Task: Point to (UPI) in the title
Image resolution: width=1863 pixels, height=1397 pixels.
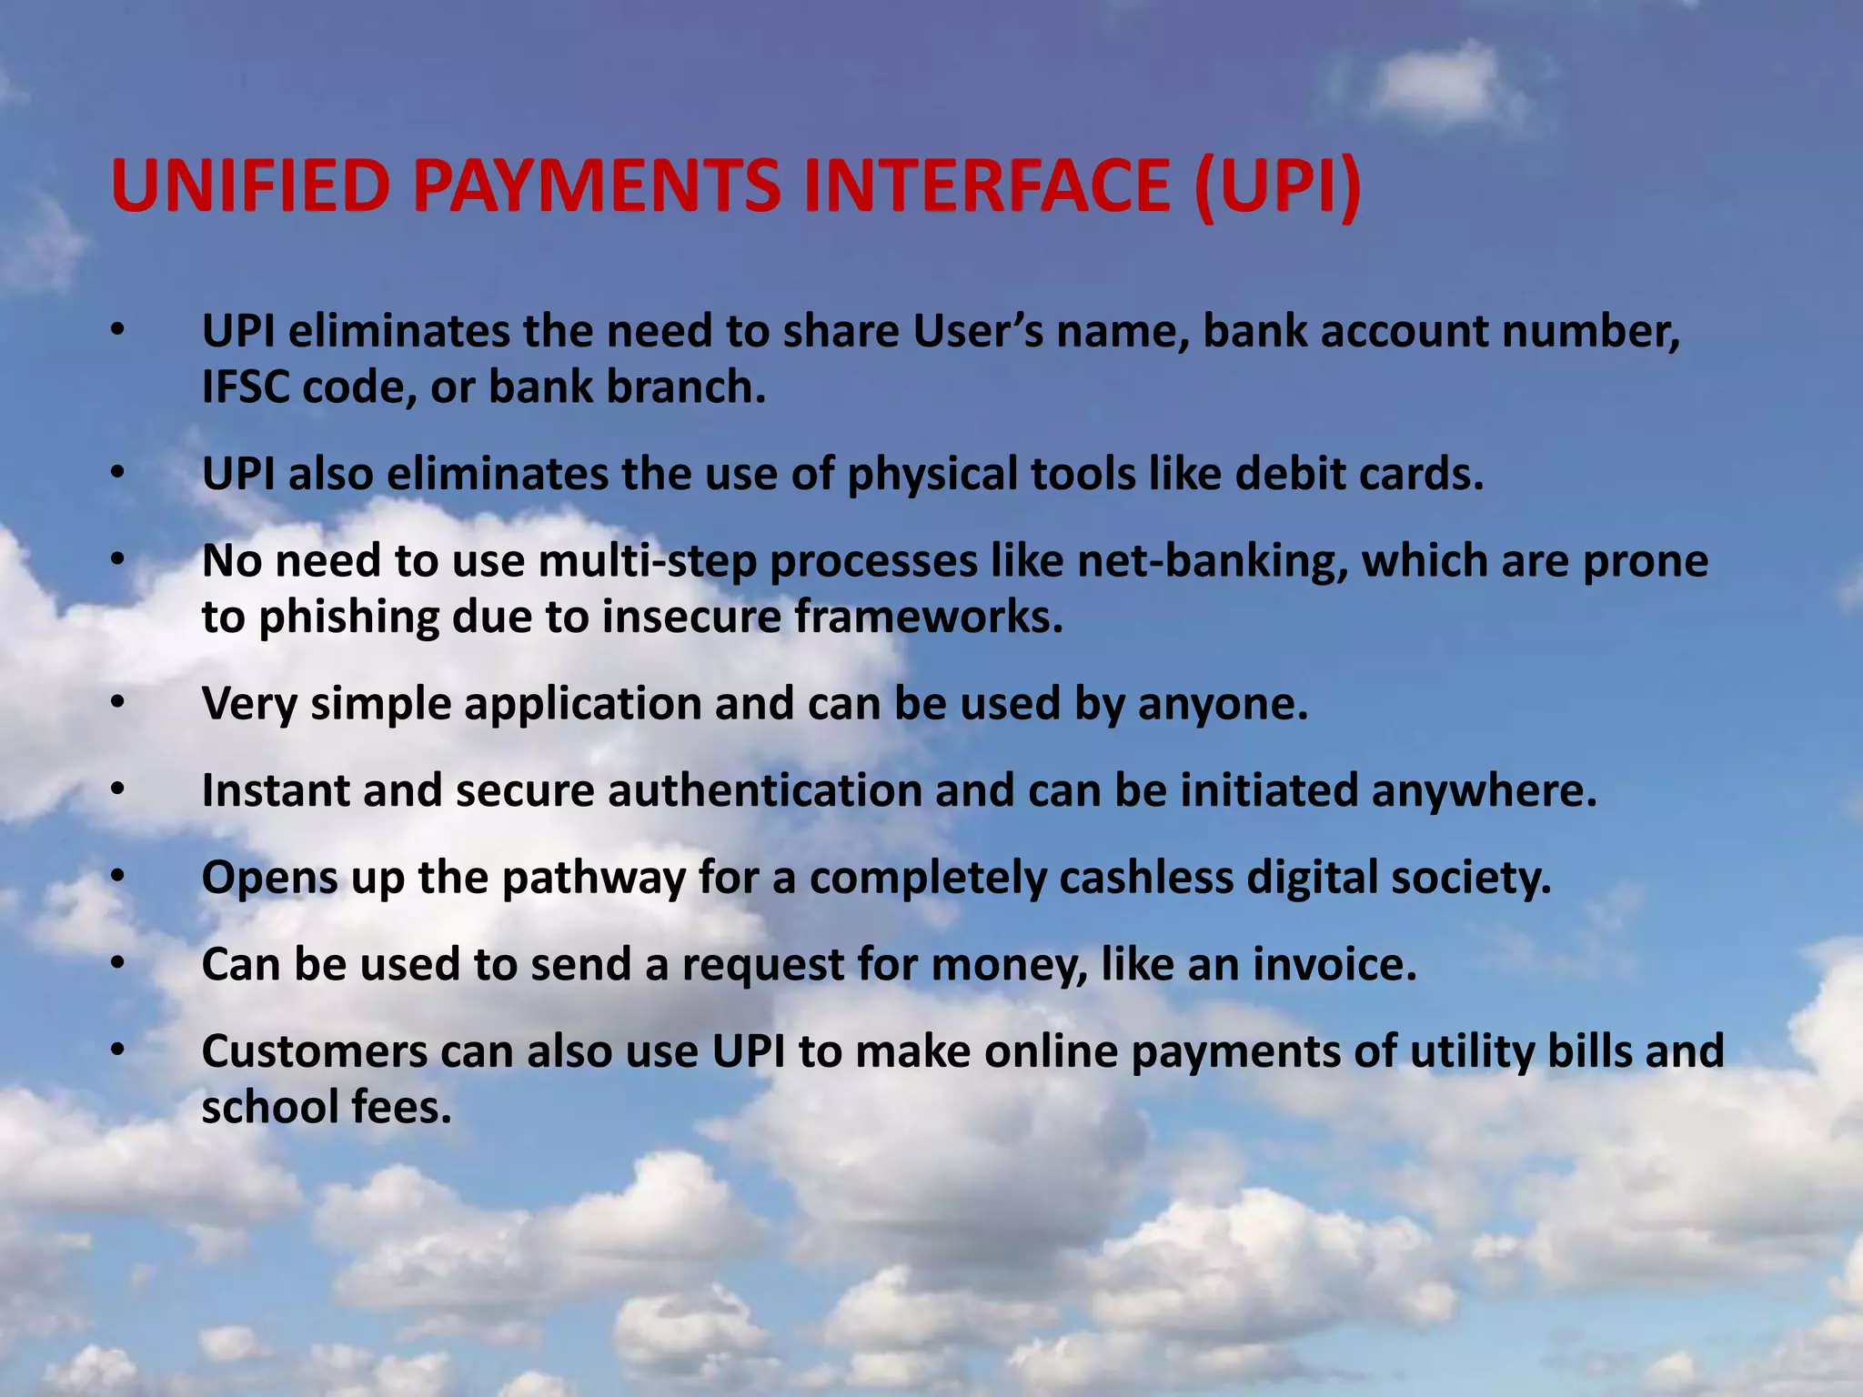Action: click(1277, 186)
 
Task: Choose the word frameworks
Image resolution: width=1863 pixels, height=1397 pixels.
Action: click(928, 618)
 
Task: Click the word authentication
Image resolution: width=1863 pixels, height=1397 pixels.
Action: click(765, 790)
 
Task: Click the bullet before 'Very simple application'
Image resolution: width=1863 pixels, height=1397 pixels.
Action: click(116, 703)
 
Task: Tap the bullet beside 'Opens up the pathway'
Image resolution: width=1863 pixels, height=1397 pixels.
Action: click(116, 877)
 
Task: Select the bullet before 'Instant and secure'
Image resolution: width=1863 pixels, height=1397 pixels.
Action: click(116, 789)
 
